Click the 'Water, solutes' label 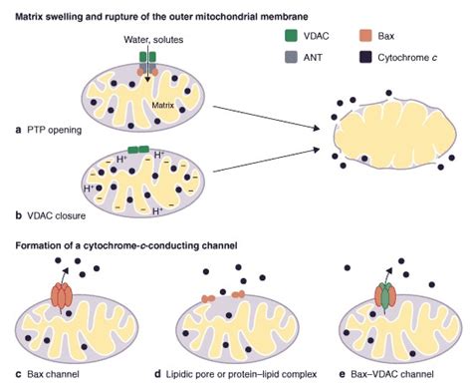tap(148, 39)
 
